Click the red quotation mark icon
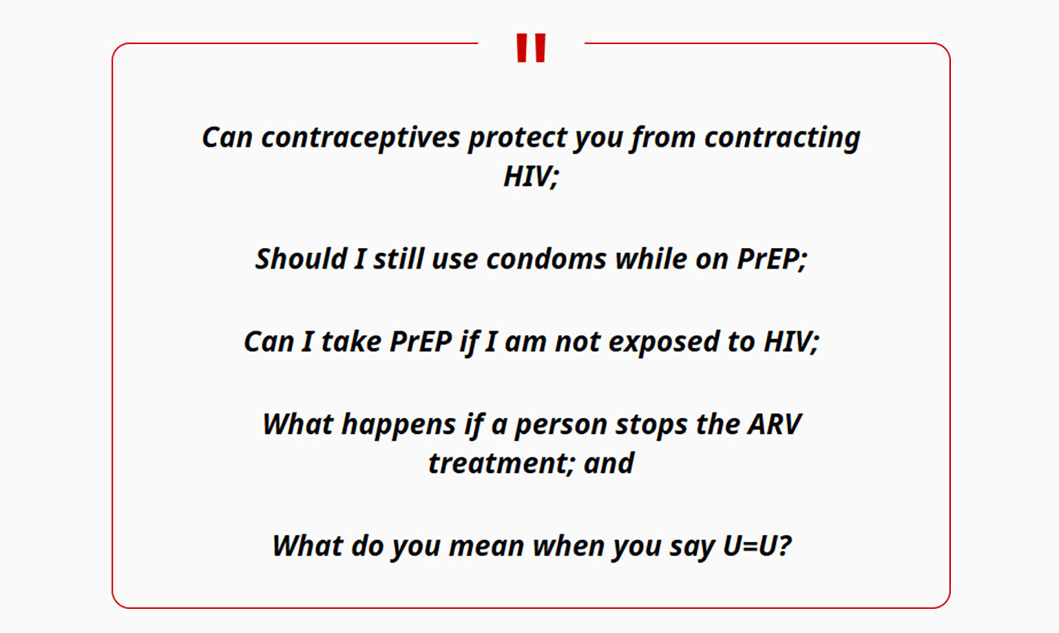pos(531,48)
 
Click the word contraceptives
pos(361,138)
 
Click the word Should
pos(301,259)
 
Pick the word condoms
pos(546,259)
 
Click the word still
pos(398,259)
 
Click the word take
pos(351,342)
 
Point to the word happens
pos(399,425)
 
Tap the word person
pos(560,426)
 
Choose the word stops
pos(651,425)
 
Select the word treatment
pos(497,463)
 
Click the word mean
pos(487,546)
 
